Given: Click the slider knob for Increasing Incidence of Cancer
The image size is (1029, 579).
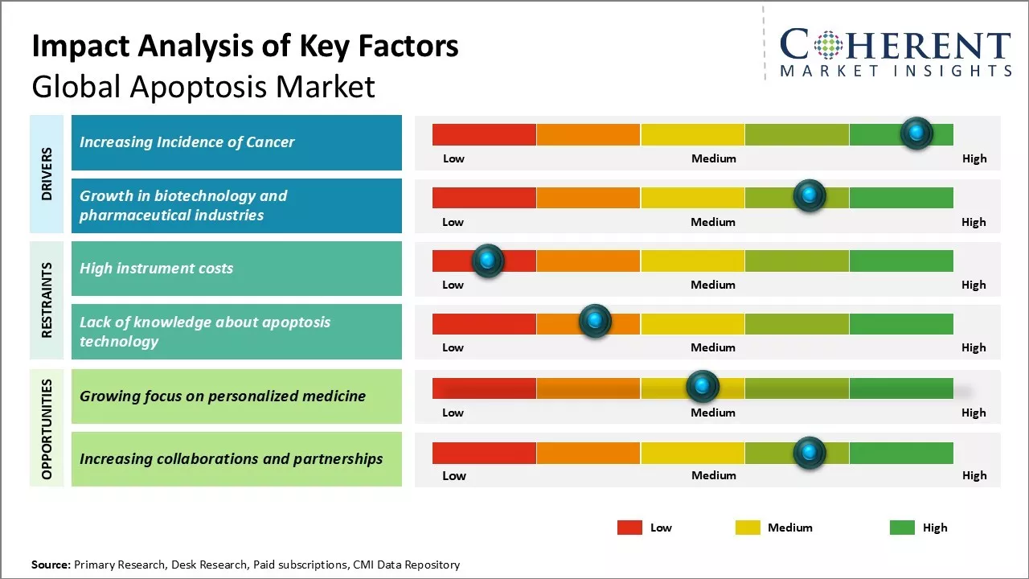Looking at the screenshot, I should (916, 133).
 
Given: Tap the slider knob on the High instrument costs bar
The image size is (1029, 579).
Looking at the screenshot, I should (487, 261).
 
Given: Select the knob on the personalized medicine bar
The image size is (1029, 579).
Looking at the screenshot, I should (703, 387).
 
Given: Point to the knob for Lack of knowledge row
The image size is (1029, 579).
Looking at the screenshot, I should (595, 322).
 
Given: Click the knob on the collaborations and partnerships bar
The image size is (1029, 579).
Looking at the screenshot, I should (809, 453).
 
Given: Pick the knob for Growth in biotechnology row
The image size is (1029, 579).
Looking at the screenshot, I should (809, 195).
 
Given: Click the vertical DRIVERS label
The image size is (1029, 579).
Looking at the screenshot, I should (47, 174).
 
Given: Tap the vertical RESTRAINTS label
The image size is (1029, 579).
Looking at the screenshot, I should (47, 300).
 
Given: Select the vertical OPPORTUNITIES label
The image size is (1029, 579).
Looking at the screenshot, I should (47, 429).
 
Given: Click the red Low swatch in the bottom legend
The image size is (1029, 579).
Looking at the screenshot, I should (629, 528).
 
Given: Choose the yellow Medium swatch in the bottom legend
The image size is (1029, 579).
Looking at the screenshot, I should (748, 528).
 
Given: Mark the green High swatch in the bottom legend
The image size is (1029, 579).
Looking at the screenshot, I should (902, 528).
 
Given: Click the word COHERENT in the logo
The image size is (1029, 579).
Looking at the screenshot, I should (895, 45).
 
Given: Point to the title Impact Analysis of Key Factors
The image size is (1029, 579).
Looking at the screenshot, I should (245, 47).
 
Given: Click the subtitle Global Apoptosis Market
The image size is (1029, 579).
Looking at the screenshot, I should (203, 86).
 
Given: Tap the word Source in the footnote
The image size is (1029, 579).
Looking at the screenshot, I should (50, 565).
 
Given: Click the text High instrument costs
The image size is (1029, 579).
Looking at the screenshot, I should (156, 269).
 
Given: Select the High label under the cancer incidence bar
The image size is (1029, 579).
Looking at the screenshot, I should (974, 158).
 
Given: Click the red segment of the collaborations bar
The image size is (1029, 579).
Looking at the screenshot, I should (484, 453).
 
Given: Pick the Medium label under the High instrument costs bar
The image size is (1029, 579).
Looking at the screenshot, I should (713, 285).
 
